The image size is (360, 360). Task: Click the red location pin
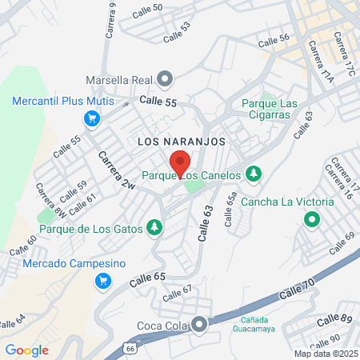coord(179,162)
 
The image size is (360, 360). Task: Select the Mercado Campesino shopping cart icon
coord(102,281)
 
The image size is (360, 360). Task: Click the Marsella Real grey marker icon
coord(165,79)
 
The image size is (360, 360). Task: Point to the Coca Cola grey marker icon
coord(199,324)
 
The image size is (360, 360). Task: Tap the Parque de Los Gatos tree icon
coord(154,229)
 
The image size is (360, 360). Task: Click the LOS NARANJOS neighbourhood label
coord(182,141)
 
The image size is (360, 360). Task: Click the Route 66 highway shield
coord(129,350)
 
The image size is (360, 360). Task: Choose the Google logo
coord(26,350)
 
